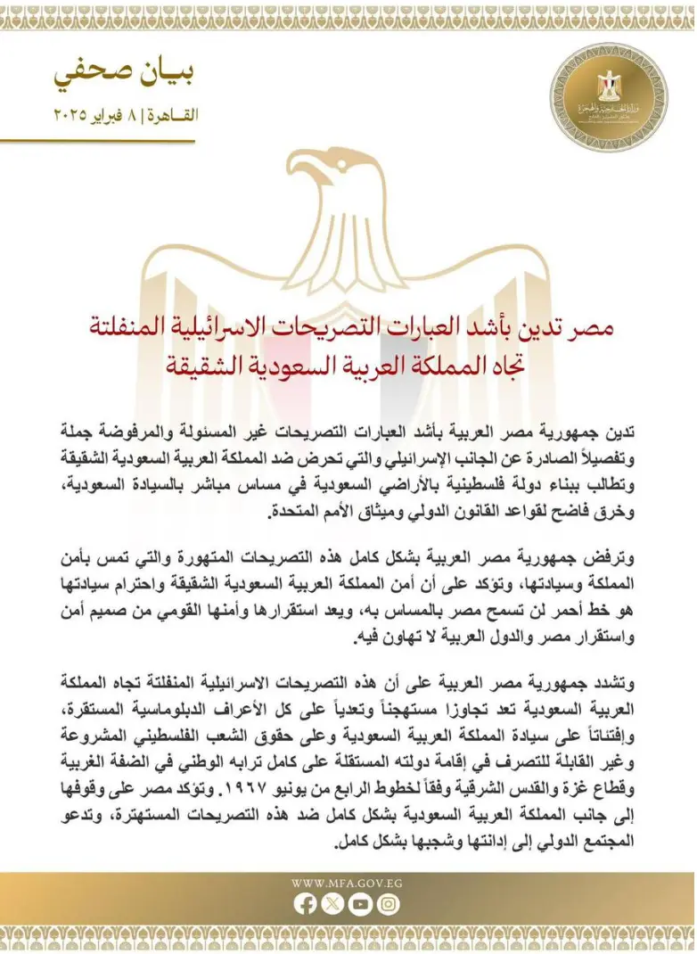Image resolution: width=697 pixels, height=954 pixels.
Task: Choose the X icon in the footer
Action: pyautogui.click(x=332, y=904)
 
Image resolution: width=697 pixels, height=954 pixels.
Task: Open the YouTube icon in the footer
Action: pyautogui.click(x=360, y=904)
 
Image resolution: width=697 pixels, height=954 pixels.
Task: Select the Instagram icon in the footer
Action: pyautogui.click(x=388, y=904)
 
